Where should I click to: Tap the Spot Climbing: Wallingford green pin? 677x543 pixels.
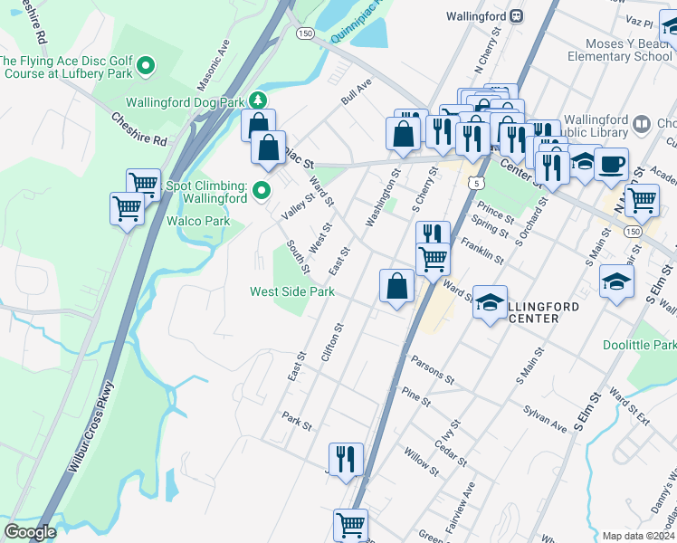[262, 190]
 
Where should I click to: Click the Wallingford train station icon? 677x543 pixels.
[515, 15]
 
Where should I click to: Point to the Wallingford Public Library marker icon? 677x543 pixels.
[643, 122]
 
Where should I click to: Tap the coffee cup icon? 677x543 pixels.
[612, 165]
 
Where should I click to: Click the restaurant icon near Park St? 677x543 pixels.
[346, 459]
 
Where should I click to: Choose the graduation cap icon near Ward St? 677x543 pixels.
[490, 303]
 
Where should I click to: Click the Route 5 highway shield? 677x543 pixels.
[473, 182]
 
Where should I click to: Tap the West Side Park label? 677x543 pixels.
[292, 291]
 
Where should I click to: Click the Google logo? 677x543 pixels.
[31, 532]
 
